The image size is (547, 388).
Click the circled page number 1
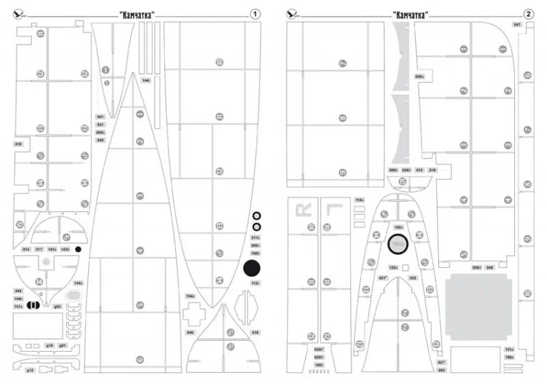pyautogui.click(x=255, y=14)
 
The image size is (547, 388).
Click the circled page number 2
pyautogui.click(x=528, y=14)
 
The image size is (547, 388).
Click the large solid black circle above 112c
pyautogui.click(x=253, y=268)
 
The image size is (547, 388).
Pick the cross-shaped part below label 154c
pyautogui.click(x=194, y=315)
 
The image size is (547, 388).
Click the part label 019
pyautogui.click(x=18, y=144)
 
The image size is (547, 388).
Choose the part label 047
pyautogui.click(x=517, y=25)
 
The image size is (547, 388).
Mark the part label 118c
pyautogui.click(x=360, y=200)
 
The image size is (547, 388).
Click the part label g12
pyautogui.click(x=30, y=370)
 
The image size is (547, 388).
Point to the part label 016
pyautogui.click(x=255, y=333)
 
